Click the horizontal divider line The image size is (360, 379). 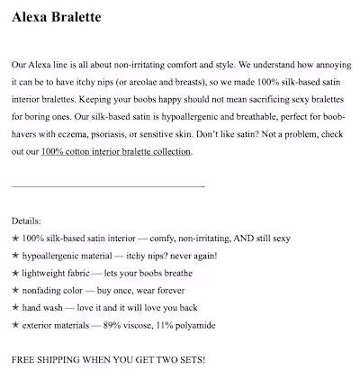(108, 186)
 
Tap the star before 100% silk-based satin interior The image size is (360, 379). (15, 239)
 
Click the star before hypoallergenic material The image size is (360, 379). (15, 256)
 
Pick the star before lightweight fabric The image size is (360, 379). (15, 273)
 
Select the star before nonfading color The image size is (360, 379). (15, 290)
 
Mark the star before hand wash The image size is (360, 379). (15, 307)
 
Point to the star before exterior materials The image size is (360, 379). (15, 324)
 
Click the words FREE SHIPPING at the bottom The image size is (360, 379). (46, 359)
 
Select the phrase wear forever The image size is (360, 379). (172, 290)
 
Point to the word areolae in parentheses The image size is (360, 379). (156, 83)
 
